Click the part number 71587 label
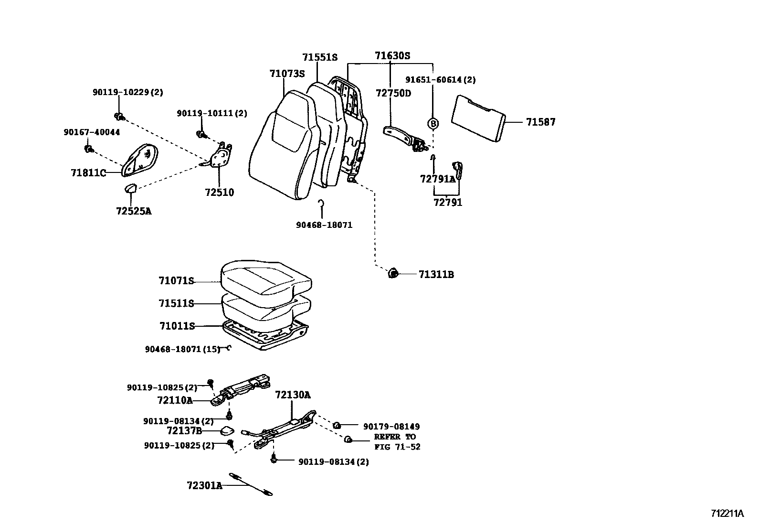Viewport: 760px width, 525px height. pos(540,122)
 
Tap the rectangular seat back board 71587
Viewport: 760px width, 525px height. pos(478,118)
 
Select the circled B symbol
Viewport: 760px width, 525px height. pos(433,123)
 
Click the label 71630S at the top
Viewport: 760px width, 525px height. pos(392,56)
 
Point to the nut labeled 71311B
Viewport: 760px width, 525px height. pos(393,274)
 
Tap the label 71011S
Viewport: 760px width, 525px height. pos(177,326)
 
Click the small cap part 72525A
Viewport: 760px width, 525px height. pos(130,188)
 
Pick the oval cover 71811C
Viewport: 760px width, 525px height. pos(140,160)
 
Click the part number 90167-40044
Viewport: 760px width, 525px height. pos(92,132)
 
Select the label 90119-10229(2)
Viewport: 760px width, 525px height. pos(127,93)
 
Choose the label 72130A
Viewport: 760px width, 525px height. pos(293,395)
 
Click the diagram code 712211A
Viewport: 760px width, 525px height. pos(727,514)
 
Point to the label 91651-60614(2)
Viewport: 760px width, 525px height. pos(440,80)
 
